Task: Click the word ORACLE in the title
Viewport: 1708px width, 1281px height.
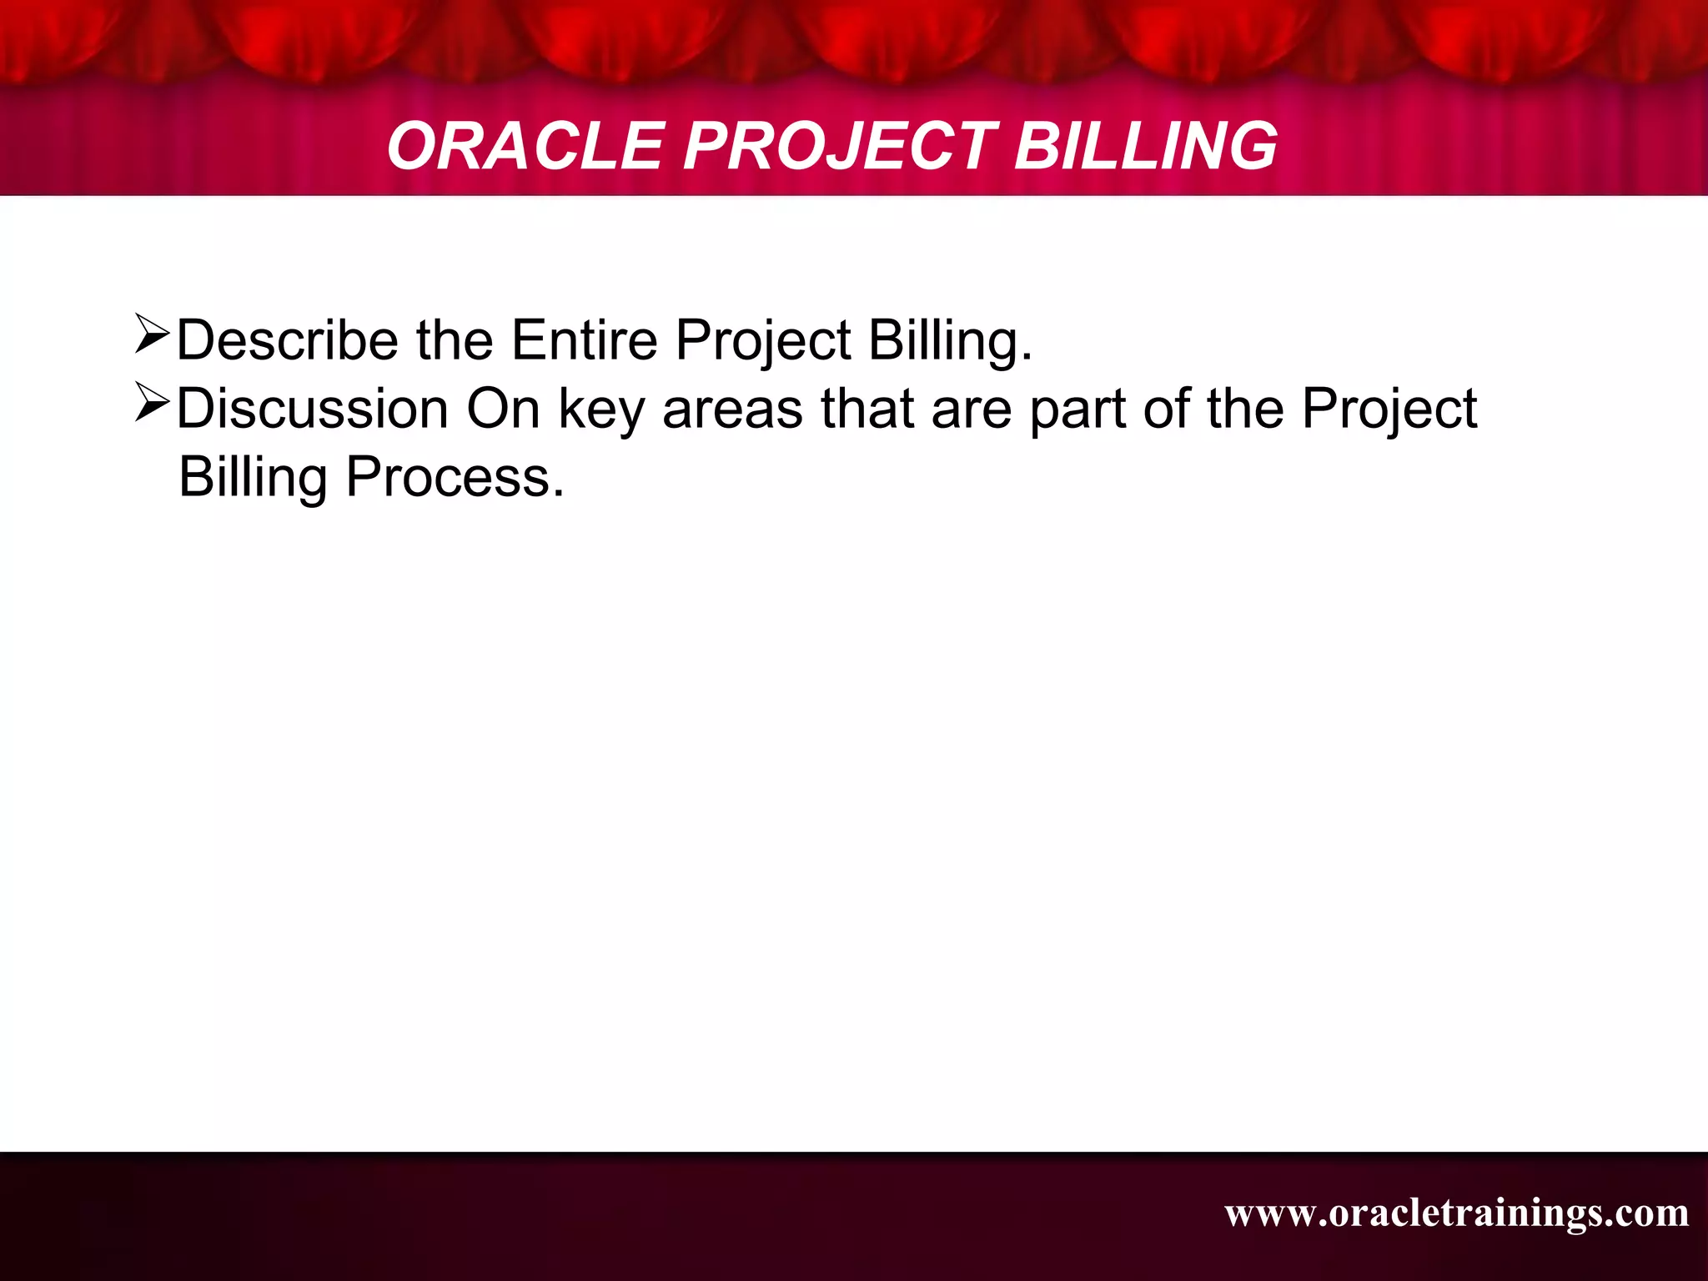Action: [524, 146]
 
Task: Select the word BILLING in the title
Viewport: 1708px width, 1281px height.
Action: [1145, 146]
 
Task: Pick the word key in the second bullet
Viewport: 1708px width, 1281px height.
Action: [600, 410]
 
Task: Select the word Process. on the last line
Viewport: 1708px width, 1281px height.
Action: [455, 478]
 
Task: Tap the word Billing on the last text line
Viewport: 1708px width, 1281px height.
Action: [253, 478]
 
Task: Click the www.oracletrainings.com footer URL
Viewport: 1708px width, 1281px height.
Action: [1456, 1213]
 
